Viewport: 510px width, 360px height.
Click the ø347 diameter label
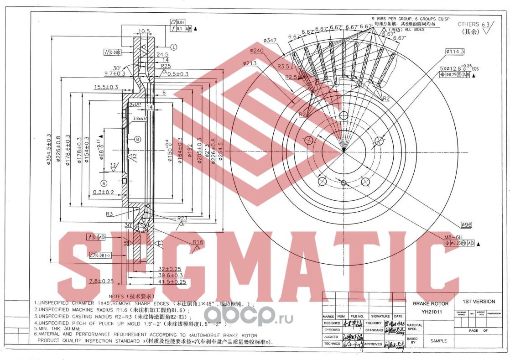coord(270,41)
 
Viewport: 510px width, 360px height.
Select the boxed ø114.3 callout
coord(455,52)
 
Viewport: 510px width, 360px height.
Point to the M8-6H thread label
coord(453,237)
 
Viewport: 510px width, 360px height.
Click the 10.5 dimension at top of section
coord(144,31)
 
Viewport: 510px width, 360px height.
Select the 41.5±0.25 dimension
coord(172,282)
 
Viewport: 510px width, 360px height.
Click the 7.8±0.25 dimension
coord(101,281)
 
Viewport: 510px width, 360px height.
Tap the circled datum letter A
coord(104,183)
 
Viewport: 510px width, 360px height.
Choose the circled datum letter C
coord(174,47)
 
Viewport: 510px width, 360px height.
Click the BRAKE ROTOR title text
coord(430,303)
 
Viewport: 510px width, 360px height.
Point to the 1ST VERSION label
coord(478,302)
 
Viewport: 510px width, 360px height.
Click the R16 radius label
coord(198,242)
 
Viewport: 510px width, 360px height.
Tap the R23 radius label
coord(182,219)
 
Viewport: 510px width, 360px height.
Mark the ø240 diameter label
coord(257,51)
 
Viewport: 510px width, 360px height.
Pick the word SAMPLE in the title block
coord(437,341)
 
